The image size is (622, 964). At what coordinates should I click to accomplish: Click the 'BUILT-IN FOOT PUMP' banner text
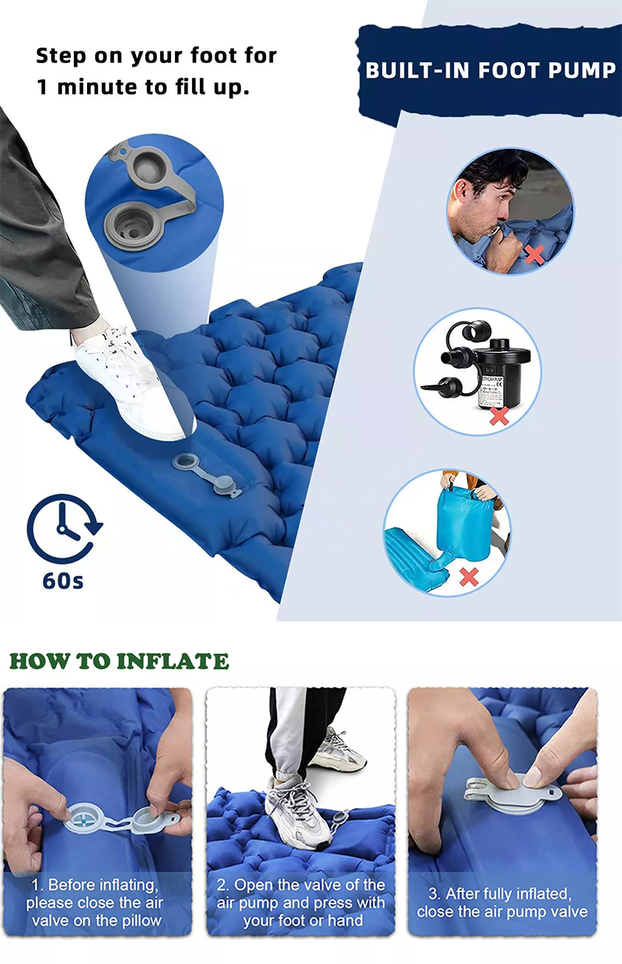point(490,70)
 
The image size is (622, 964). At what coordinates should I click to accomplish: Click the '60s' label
point(63,580)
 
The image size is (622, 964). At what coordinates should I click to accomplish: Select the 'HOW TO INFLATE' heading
point(119,662)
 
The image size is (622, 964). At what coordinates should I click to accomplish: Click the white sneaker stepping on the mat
point(128,381)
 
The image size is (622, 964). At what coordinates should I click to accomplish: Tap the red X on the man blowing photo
point(533,255)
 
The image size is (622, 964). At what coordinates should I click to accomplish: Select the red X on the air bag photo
point(469,576)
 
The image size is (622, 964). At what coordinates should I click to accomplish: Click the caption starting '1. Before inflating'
point(97,903)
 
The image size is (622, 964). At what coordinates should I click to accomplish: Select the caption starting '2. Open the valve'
point(301,903)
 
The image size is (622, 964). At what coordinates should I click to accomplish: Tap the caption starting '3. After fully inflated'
point(502,903)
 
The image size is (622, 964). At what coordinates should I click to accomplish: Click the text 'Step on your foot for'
point(156,56)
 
